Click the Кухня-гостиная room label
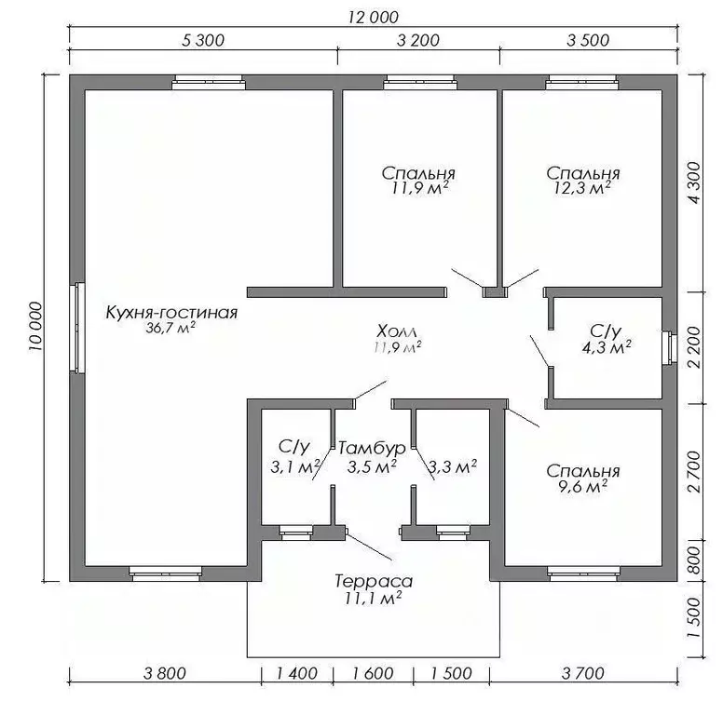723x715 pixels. [x=171, y=313]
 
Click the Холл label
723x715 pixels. [x=398, y=331]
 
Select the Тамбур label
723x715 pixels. [x=373, y=448]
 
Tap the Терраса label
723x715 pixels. [x=373, y=582]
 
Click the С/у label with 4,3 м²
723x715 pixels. [x=605, y=331]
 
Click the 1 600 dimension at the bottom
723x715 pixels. [x=373, y=673]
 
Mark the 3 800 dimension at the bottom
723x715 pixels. [x=159, y=673]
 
